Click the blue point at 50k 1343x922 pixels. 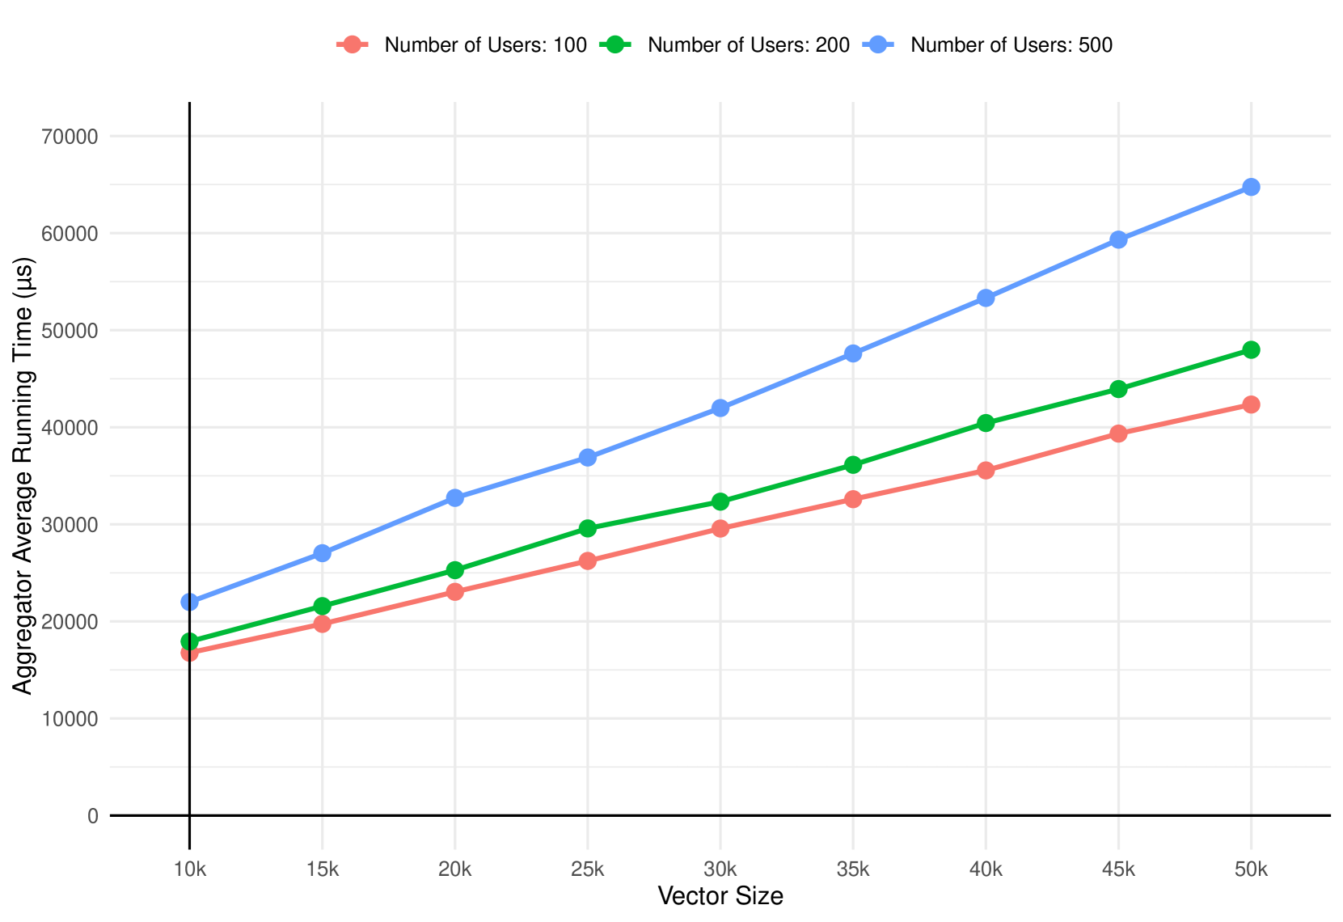tap(1251, 188)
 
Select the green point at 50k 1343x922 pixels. tap(1251, 349)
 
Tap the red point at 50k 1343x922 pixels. tap(1251, 404)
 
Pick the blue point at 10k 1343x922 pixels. tap(190, 602)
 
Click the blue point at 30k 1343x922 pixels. tap(720, 408)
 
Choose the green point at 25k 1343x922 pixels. tap(588, 528)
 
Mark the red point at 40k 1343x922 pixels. tap(986, 471)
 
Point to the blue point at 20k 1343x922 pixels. tap(455, 497)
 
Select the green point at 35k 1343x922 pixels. tap(853, 464)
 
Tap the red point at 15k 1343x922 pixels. tap(323, 624)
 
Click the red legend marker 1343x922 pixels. tap(353, 44)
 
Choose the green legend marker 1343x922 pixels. tap(614, 44)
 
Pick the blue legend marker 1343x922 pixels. tap(878, 44)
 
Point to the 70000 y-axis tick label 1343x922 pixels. tap(70, 137)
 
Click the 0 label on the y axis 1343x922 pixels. tap(93, 816)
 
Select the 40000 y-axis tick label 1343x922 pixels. tap(70, 428)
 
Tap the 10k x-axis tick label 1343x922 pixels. tap(190, 869)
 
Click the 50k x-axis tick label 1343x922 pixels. tap(1251, 869)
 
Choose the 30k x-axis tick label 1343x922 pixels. tap(720, 869)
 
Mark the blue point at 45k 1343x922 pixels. tap(1118, 239)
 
